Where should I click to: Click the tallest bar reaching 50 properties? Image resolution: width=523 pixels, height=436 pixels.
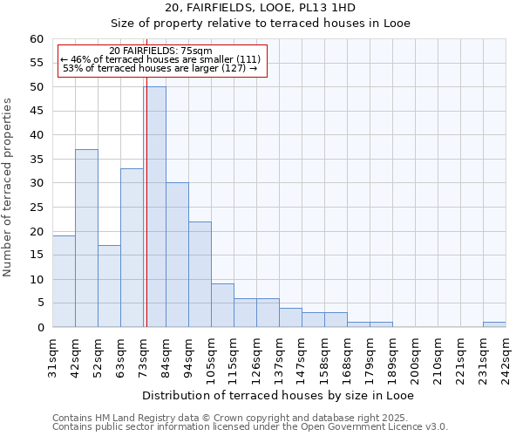click(x=154, y=207)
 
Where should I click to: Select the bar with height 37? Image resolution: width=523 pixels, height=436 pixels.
click(x=86, y=238)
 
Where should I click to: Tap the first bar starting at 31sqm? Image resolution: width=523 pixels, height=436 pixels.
click(x=64, y=281)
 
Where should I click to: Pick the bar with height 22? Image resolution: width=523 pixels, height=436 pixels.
click(x=200, y=274)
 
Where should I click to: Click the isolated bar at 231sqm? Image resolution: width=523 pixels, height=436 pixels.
click(x=494, y=324)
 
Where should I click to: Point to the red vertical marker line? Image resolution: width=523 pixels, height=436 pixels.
click(x=146, y=218)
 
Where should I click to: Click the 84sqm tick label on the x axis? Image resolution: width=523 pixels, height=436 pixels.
click(x=166, y=358)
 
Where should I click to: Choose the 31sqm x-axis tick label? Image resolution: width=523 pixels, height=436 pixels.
click(x=52, y=358)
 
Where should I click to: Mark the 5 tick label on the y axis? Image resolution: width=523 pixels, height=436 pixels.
click(x=39, y=303)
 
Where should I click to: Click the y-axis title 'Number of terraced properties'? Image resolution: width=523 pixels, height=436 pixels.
click(x=8, y=187)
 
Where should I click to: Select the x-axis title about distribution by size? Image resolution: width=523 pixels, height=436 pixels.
click(x=278, y=396)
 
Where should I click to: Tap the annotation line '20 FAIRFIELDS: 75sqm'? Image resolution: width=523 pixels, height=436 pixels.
click(x=161, y=51)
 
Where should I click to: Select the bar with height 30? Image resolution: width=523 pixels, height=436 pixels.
click(x=177, y=255)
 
